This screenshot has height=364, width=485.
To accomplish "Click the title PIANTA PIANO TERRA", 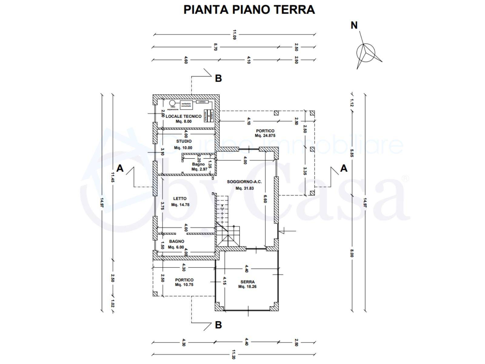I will pyautogui.click(x=249, y=9).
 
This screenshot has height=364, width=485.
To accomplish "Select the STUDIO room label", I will pyautogui.click(x=184, y=141).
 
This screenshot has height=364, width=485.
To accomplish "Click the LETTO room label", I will pyautogui.click(x=180, y=199).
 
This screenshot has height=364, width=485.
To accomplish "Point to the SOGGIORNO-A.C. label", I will pyautogui.click(x=244, y=182).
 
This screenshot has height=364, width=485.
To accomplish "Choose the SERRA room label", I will pyautogui.click(x=247, y=282).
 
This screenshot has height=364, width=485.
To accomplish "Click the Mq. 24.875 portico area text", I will pyautogui.click(x=265, y=136).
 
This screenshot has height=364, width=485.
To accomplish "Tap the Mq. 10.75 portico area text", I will pyautogui.click(x=184, y=285).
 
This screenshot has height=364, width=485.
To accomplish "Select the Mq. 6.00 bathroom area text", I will pyautogui.click(x=176, y=247).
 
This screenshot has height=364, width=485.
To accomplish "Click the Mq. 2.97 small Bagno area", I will pyautogui.click(x=199, y=169).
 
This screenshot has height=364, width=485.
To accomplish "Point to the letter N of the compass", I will pyautogui.click(x=354, y=25).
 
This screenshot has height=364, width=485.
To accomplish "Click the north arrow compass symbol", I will pyautogui.click(x=366, y=52).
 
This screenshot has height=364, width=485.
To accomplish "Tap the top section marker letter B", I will pyautogui.click(x=218, y=78).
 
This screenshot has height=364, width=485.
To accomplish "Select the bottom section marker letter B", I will pyautogui.click(x=218, y=325).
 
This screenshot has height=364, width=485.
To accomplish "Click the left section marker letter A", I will pyautogui.click(x=120, y=168).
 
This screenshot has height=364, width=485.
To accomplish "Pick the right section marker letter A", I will pyautogui.click(x=343, y=168).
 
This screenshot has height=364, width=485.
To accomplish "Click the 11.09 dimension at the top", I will pyautogui.click(x=234, y=35).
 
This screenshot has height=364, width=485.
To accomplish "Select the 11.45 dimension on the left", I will pyautogui.click(x=112, y=177).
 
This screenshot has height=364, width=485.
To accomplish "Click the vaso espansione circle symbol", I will pyautogui.click(x=172, y=103).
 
